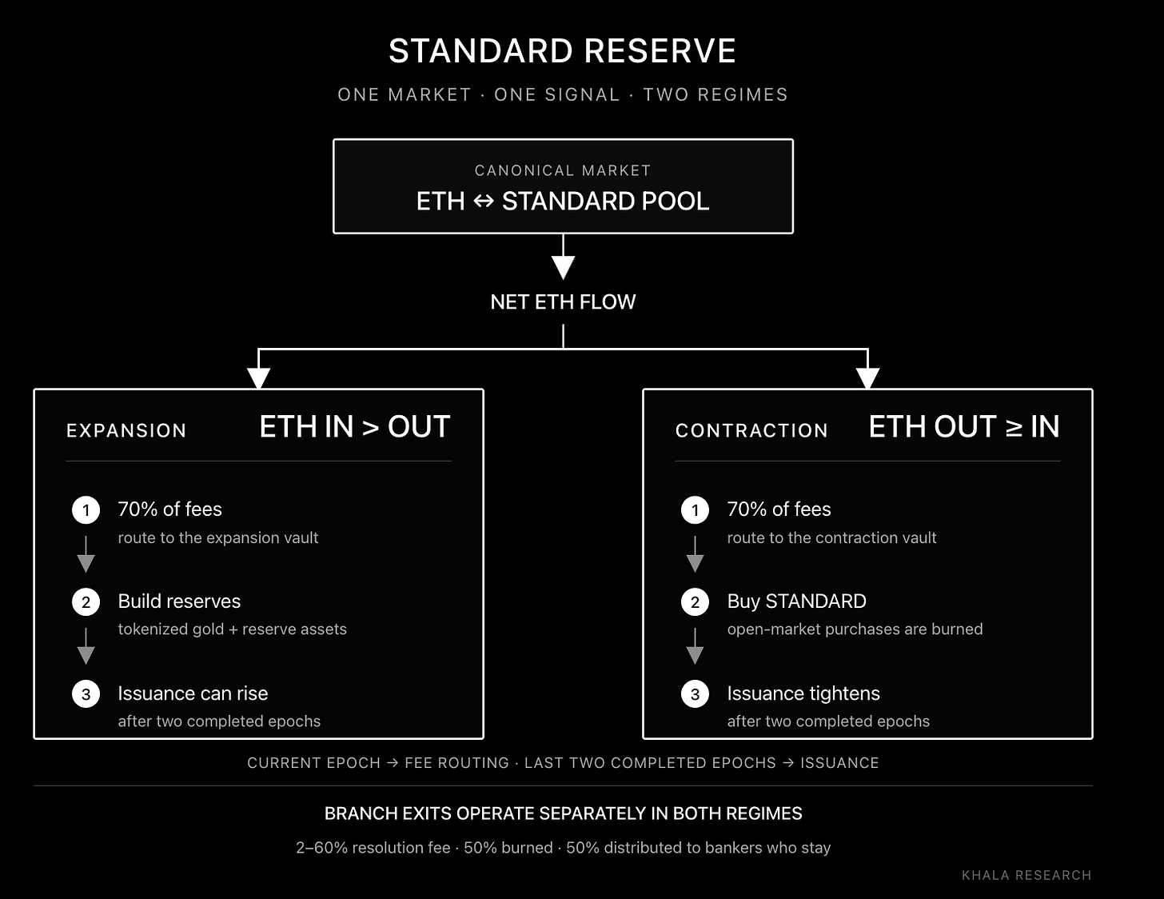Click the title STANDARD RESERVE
(x=563, y=51)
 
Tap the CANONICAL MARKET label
(x=563, y=170)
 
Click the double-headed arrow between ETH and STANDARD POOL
(x=484, y=202)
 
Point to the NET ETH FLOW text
(x=563, y=302)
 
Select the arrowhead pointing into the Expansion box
(x=259, y=378)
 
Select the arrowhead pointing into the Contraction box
(x=867, y=378)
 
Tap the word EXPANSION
(x=126, y=431)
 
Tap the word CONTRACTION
(x=751, y=431)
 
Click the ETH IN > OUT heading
(x=355, y=427)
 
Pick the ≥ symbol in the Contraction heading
(x=1014, y=428)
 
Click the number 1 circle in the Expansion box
(x=86, y=510)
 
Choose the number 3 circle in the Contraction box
(x=695, y=694)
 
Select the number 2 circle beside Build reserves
(x=86, y=602)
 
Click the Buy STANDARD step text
(x=796, y=601)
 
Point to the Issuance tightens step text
(x=803, y=693)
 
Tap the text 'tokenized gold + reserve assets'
(x=233, y=629)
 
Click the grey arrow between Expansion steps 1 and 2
(x=86, y=554)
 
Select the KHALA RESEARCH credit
(x=1026, y=876)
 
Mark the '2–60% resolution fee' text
(x=373, y=848)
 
